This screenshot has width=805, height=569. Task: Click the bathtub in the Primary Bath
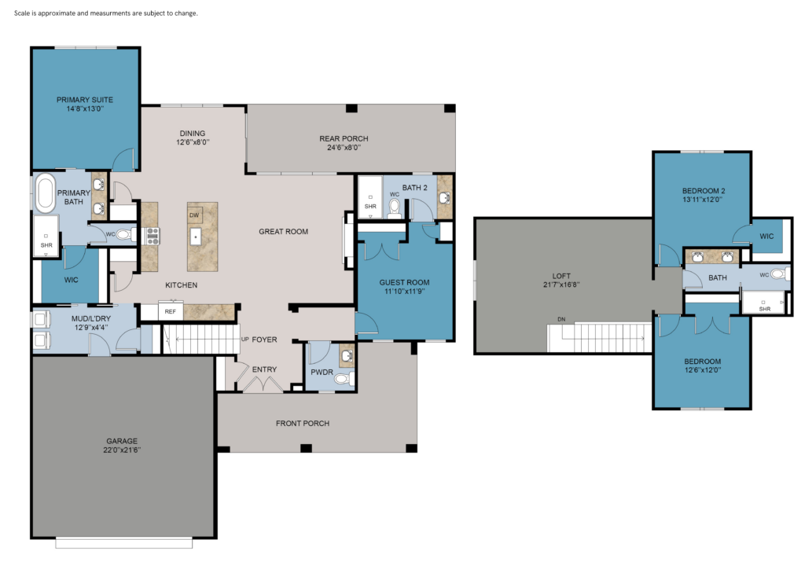pyautogui.click(x=45, y=193)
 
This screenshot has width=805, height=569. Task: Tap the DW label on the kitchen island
pyautogui.click(x=194, y=215)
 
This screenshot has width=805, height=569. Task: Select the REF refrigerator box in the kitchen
pyautogui.click(x=171, y=311)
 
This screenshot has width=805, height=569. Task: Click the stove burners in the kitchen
pyautogui.click(x=153, y=236)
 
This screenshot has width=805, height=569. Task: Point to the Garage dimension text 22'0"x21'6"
pyautogui.click(x=122, y=450)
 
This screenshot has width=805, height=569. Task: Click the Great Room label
pyautogui.click(x=283, y=231)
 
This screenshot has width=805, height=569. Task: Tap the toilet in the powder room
pyautogui.click(x=343, y=379)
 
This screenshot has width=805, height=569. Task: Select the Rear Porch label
pyautogui.click(x=344, y=138)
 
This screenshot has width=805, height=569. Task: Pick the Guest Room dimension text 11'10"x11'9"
pyautogui.click(x=405, y=292)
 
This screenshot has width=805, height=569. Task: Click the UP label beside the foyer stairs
pyautogui.click(x=245, y=340)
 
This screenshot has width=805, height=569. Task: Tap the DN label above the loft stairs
pyautogui.click(x=561, y=319)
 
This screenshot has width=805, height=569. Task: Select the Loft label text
pyautogui.click(x=561, y=276)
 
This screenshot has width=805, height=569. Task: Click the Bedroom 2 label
pyautogui.click(x=704, y=191)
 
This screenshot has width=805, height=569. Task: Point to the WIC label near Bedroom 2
pyautogui.click(x=766, y=236)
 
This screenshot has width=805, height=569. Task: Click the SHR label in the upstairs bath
pyautogui.click(x=764, y=309)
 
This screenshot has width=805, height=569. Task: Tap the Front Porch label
pyautogui.click(x=303, y=424)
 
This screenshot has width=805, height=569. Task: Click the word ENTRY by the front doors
pyautogui.click(x=264, y=369)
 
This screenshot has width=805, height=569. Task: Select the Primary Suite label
pyautogui.click(x=85, y=100)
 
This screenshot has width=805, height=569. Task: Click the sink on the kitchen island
pyautogui.click(x=195, y=237)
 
